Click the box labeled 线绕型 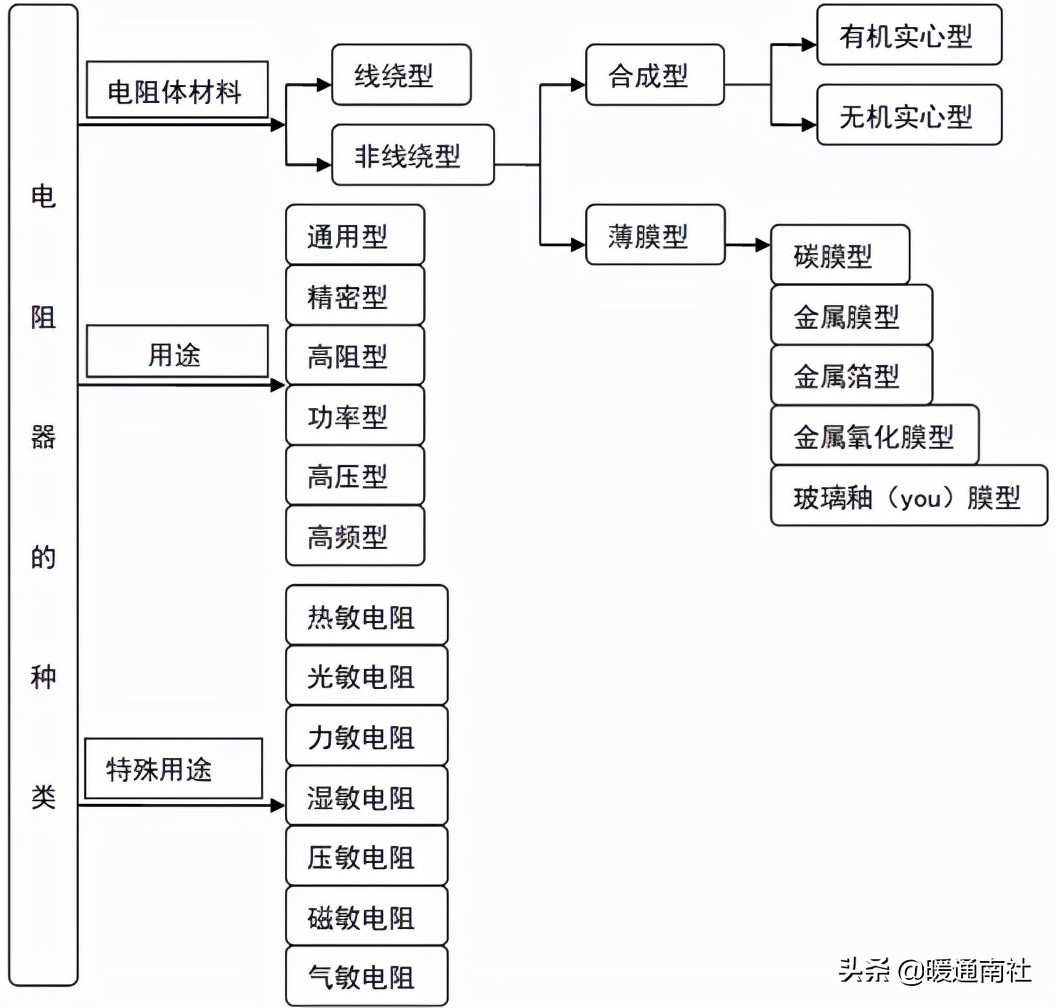coord(400,75)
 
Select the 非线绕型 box coord(412,155)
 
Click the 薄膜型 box coord(654,236)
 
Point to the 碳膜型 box coord(839,256)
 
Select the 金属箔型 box coord(851,376)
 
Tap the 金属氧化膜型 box coord(874,436)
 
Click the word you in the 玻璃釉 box coord(920,497)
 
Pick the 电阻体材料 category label coord(176,94)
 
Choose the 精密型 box coord(354,296)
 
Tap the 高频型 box coord(354,537)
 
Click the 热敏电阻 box coord(366,616)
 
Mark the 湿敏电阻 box coord(366,797)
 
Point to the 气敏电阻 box coord(366,977)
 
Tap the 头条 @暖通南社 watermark coord(935,969)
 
